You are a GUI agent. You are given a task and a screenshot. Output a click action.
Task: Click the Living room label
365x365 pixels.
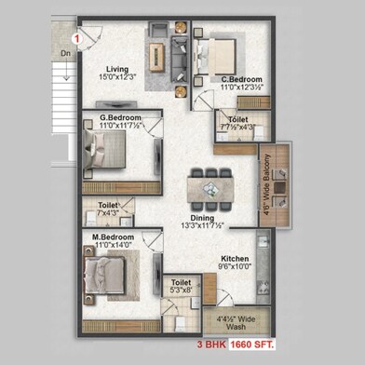116,68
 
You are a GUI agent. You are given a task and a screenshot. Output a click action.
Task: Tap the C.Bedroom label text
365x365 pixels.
241,80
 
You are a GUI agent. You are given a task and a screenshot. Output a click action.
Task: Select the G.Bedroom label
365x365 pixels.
122,117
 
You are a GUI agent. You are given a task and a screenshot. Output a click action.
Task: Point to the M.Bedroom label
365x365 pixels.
113,237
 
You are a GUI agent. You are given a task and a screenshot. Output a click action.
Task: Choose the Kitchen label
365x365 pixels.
234,259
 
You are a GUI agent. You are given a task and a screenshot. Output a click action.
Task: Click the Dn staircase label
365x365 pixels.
65,54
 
